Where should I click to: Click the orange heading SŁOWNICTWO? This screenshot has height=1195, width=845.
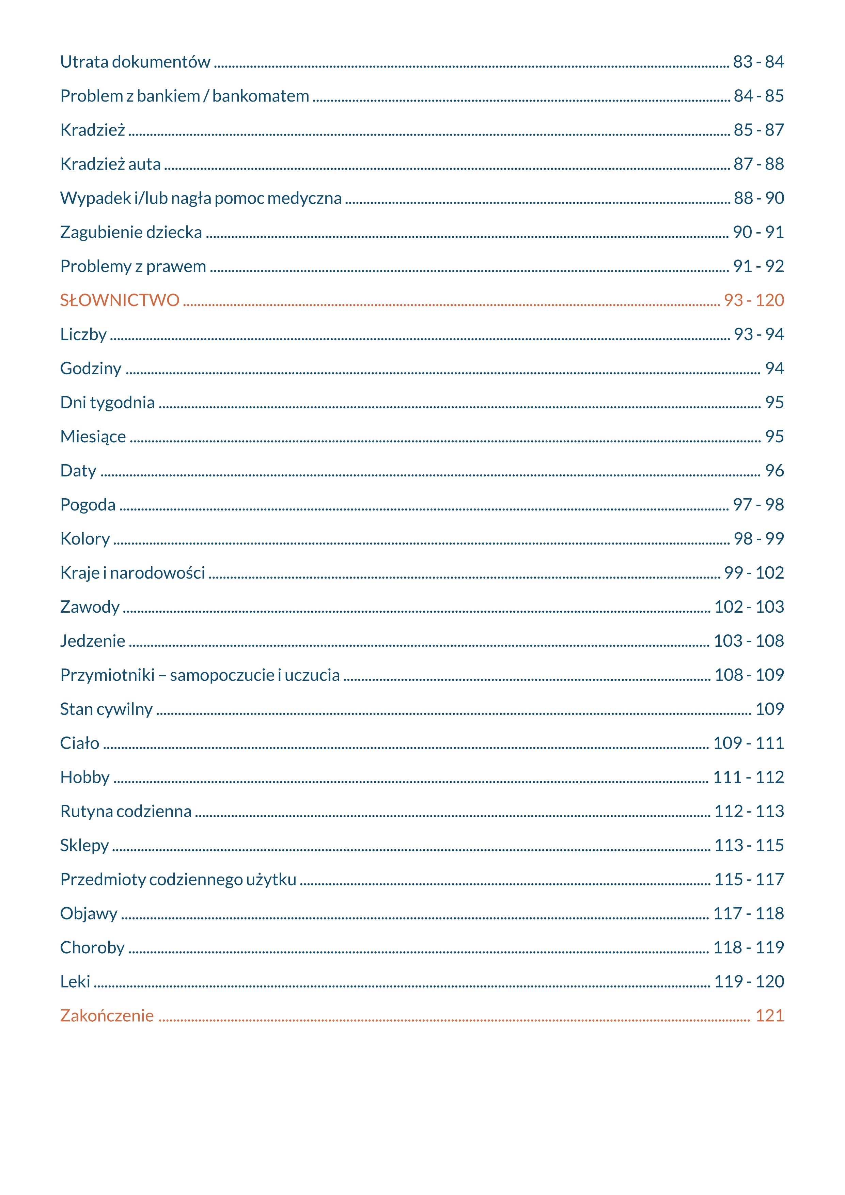(120, 300)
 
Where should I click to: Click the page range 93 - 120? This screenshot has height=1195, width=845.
(753, 300)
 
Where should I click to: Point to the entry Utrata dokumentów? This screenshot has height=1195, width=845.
(135, 62)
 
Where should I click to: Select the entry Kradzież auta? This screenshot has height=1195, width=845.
(110, 164)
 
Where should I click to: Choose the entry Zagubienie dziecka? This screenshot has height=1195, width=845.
(131, 232)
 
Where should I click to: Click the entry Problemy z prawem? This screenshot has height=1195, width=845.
(133, 266)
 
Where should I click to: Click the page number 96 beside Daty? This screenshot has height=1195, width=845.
(774, 471)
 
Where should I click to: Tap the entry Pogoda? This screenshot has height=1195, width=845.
(88, 505)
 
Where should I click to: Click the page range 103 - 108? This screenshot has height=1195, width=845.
(748, 641)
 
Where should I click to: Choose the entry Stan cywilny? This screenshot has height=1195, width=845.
(106, 709)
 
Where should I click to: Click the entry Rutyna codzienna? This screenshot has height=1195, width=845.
(126, 812)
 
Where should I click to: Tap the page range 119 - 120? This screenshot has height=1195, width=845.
(749, 981)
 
